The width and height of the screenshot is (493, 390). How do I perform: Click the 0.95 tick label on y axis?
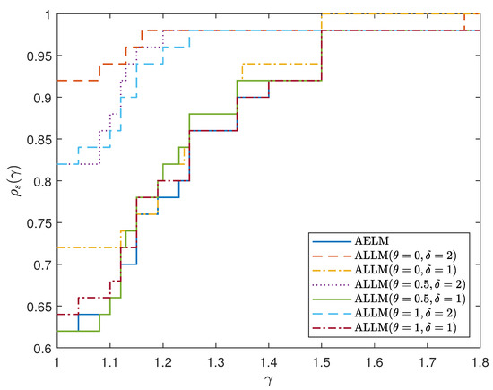click(39, 56)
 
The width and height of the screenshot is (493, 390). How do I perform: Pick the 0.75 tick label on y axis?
click(39, 222)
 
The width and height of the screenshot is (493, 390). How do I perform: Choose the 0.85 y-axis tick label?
click(39, 140)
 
